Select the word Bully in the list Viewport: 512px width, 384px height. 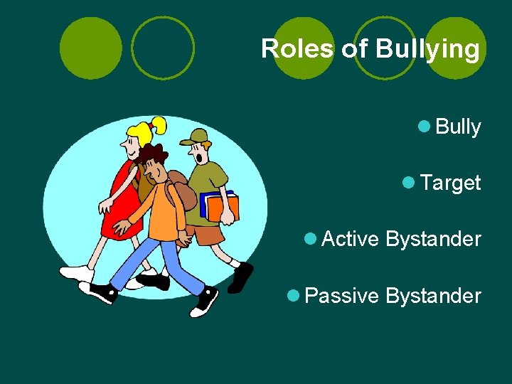tap(458, 127)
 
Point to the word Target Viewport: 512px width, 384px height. tap(451, 183)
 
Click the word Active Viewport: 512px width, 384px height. tap(350, 239)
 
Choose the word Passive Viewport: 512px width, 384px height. tap(341, 296)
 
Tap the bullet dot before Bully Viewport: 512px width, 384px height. tap(424, 127)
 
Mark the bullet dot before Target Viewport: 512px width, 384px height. tap(408, 182)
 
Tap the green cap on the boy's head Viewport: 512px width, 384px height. tap(196, 137)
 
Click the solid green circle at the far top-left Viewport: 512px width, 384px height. tap(91, 48)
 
